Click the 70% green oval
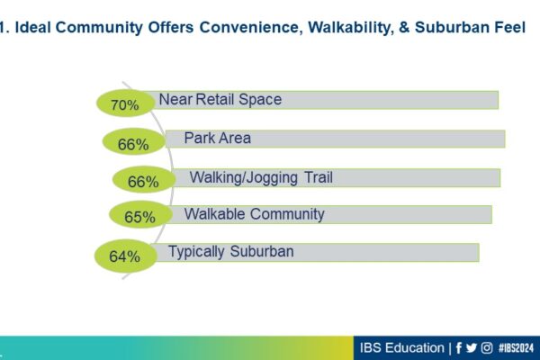click(125, 103)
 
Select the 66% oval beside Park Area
click(133, 141)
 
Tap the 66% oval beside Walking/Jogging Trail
click(144, 179)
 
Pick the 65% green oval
click(140, 214)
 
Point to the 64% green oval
click(126, 256)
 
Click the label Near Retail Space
click(220, 100)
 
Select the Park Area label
click(217, 138)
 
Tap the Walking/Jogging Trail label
click(261, 178)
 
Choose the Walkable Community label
click(254, 214)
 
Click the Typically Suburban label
click(230, 252)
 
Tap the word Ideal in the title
click(33, 27)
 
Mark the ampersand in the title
click(404, 28)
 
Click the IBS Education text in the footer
click(402, 348)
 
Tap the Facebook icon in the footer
click(458, 348)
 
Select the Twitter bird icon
click(472, 348)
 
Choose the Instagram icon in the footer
click(487, 348)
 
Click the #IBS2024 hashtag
click(516, 348)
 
